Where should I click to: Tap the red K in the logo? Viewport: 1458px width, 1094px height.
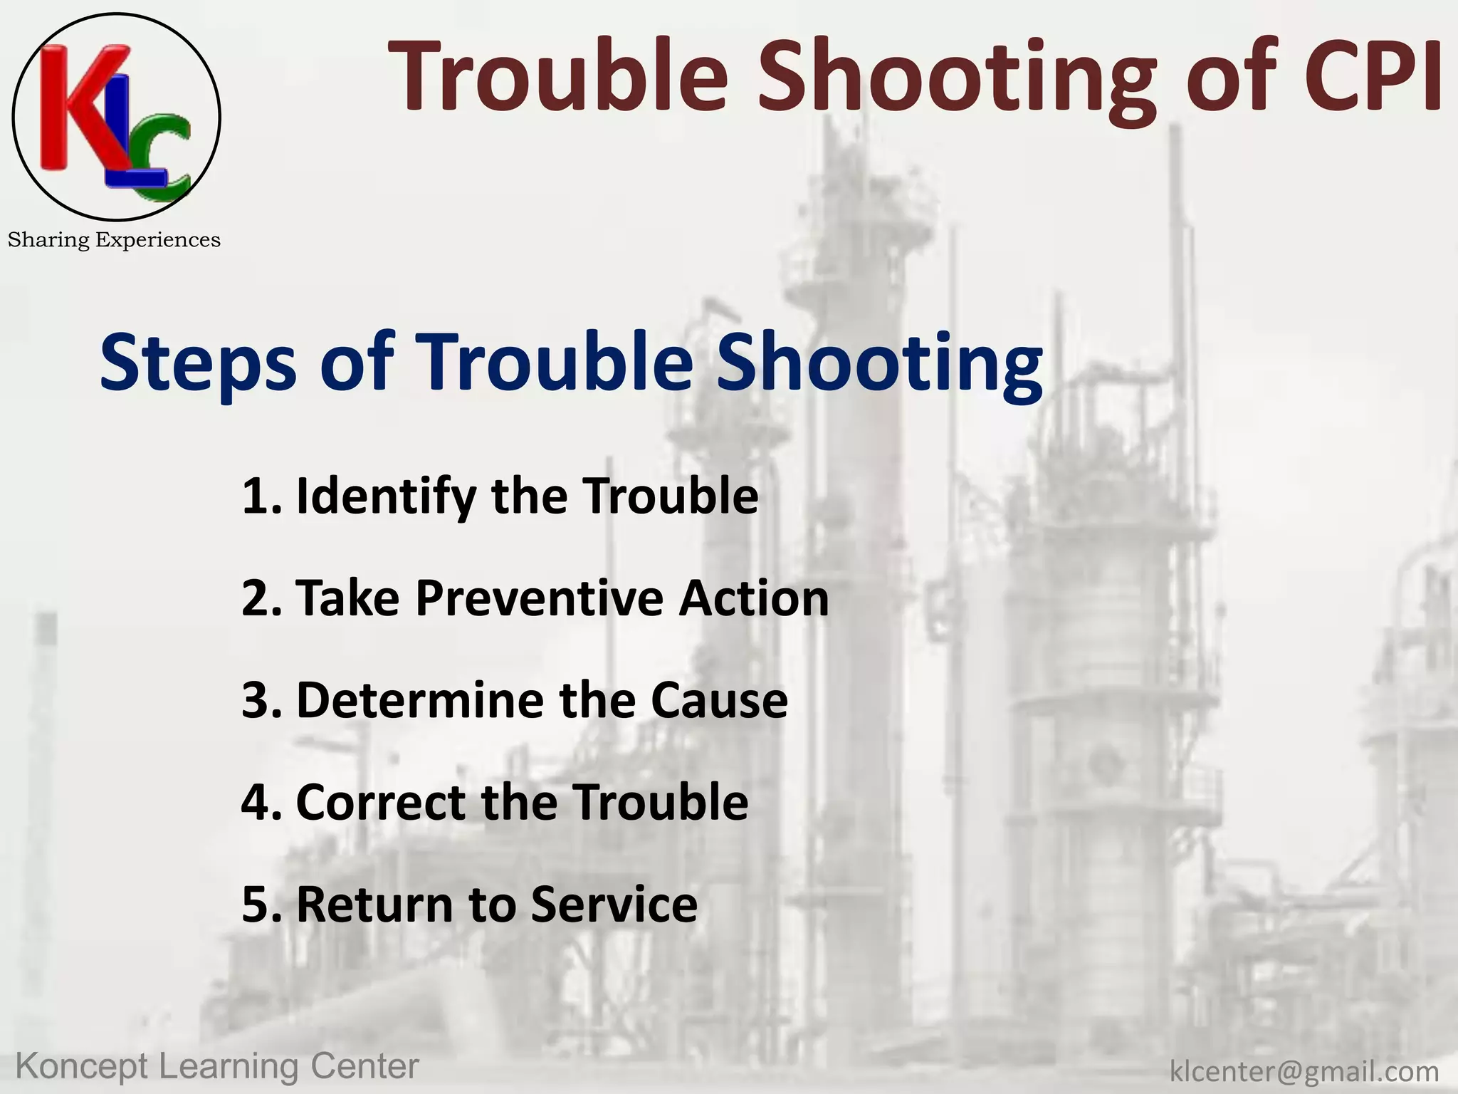pyautogui.click(x=78, y=107)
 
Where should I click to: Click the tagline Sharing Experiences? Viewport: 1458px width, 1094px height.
pyautogui.click(x=114, y=240)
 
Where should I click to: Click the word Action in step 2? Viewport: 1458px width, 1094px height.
pyautogui.click(x=754, y=598)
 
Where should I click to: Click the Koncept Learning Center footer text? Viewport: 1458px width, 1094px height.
pyautogui.click(x=217, y=1067)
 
